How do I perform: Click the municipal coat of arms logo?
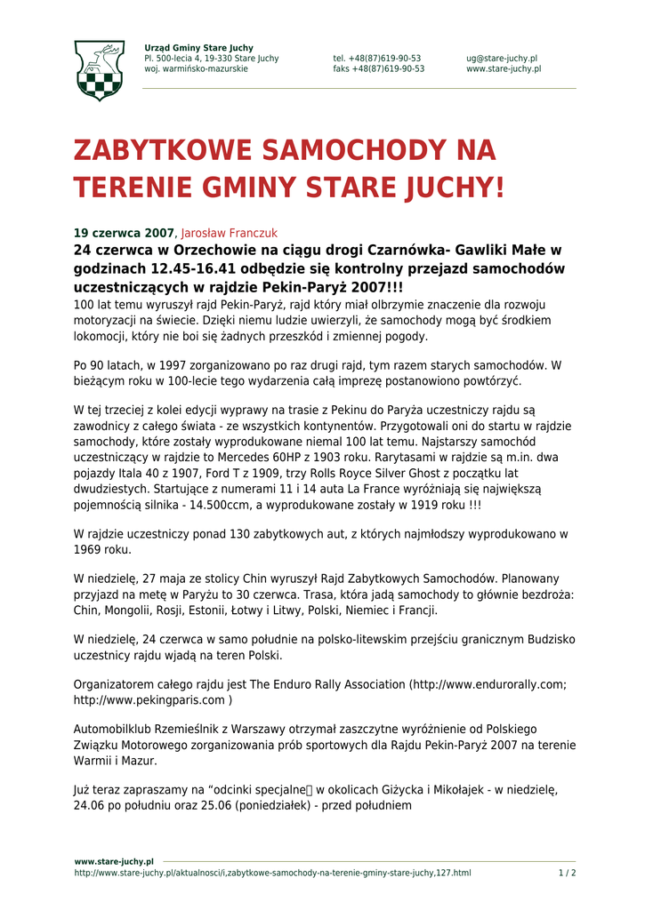click(99, 70)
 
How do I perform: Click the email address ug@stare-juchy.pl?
click(502, 59)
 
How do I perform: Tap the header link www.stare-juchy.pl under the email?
click(504, 69)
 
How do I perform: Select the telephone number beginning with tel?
click(377, 59)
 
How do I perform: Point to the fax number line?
click(379, 69)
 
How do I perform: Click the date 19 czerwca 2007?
click(124, 233)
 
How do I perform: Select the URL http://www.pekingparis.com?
click(148, 700)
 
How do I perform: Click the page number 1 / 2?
click(567, 873)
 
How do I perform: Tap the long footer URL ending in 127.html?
click(272, 873)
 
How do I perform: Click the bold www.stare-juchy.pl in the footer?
click(114, 861)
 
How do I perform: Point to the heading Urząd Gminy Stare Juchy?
click(198, 48)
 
